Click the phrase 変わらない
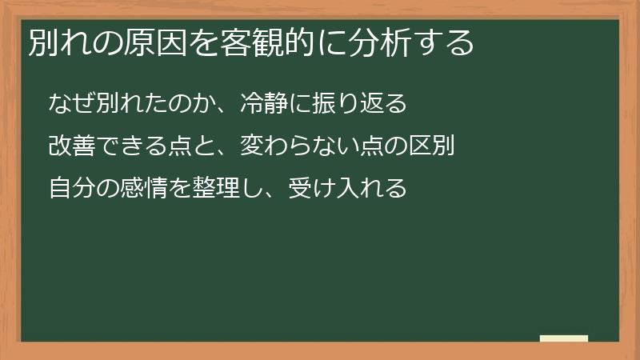[286, 147]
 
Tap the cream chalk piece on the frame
[563, 338]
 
